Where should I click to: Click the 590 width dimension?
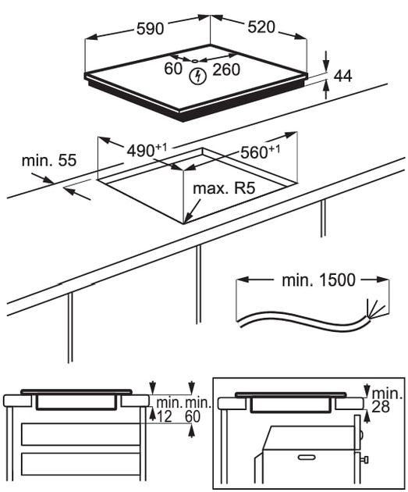pos(151,29)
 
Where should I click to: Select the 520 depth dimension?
pos(261,27)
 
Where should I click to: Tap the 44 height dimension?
pos(343,76)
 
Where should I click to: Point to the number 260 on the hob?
pos(226,70)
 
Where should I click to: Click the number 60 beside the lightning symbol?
pos(173,69)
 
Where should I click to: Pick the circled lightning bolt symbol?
pos(198,77)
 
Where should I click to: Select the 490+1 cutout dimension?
pos(147,150)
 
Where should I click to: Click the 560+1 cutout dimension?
pos(260,152)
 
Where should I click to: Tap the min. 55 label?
pos(49,160)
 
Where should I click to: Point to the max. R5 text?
pos(224,188)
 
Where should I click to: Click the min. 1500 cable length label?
pos(319,280)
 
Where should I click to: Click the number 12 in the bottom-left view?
pos(165,416)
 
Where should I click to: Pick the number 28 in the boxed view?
pos(381,407)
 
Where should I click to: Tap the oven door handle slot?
pos(307,457)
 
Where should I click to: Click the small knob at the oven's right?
pos(365,460)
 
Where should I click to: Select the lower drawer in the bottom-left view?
pos(80,464)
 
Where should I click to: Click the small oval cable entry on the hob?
pos(195,61)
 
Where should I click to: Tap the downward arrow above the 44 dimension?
pos(326,61)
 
